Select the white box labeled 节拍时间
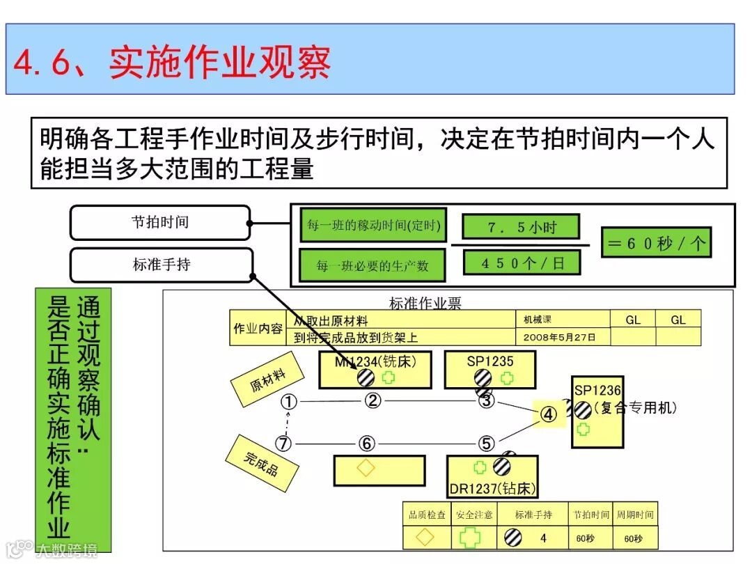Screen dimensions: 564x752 click(x=160, y=223)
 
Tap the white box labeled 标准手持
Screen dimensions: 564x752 click(x=161, y=265)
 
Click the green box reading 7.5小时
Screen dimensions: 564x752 click(x=522, y=227)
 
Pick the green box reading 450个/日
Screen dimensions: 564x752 click(x=522, y=263)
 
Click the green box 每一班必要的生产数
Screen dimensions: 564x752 click(x=373, y=265)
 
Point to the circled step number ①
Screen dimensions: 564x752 click(x=289, y=402)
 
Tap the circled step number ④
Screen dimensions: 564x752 click(x=549, y=415)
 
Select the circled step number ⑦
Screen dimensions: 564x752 click(x=283, y=444)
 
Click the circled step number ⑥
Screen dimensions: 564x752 click(x=367, y=444)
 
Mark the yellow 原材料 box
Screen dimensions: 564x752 click(x=268, y=380)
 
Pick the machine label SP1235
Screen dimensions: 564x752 click(x=489, y=361)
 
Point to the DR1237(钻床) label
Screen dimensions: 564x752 click(x=492, y=489)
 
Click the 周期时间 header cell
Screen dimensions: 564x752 click(x=634, y=515)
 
